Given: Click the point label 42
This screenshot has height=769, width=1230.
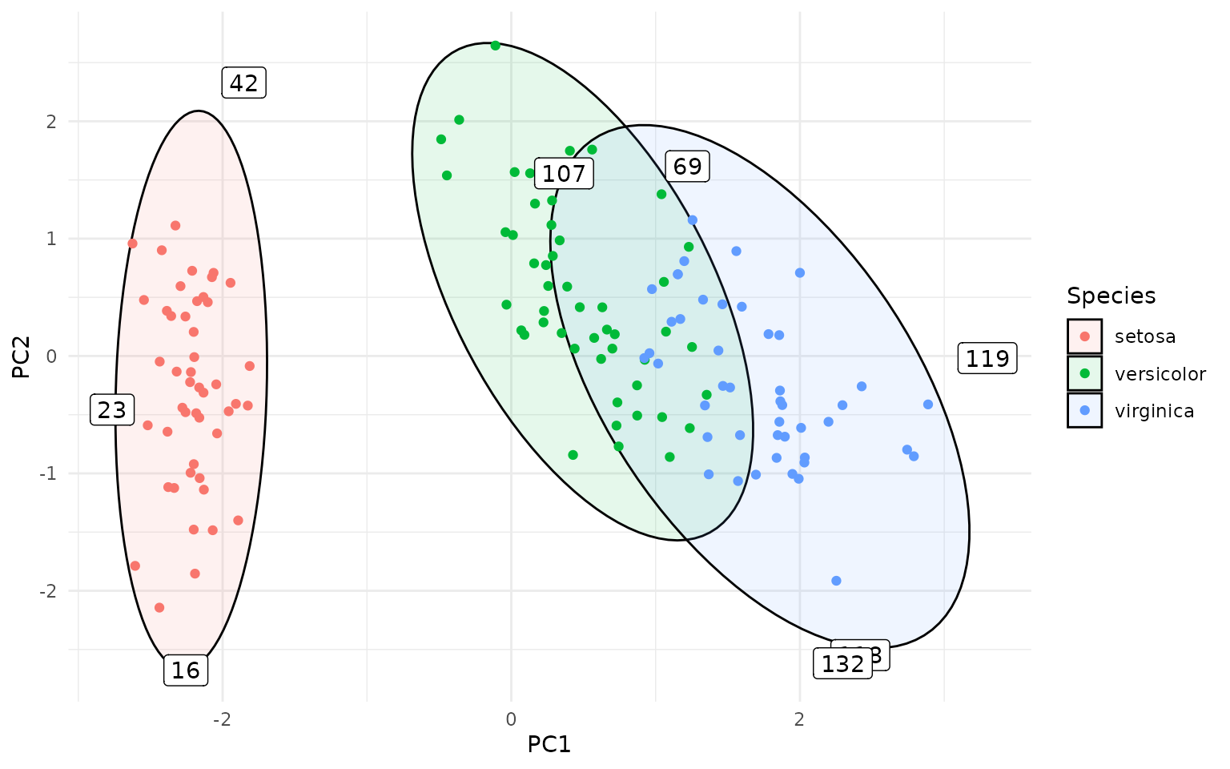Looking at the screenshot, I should coord(243,83).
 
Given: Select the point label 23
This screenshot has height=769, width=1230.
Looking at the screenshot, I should coord(111,411).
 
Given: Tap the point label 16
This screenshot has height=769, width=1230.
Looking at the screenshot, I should coord(186,670).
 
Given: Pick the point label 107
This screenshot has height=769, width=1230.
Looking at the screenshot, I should coord(564,174).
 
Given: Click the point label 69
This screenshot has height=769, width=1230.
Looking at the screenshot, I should coord(687,167).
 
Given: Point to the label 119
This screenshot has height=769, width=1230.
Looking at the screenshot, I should coord(987,359).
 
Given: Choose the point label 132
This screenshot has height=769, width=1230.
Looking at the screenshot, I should coord(842,664).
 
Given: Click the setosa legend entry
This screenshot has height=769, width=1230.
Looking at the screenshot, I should coord(1144,336).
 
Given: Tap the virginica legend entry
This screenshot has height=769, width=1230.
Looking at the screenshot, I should coord(1154,411).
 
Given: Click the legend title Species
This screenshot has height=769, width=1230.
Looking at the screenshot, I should coord(1111,296).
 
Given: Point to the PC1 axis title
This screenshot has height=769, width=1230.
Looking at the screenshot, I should coord(549,745).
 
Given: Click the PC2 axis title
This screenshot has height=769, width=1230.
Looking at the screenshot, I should coord(22,356).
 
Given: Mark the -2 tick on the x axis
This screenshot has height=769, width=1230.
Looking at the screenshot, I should coord(222,719).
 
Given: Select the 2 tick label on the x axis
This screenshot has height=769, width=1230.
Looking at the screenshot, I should coord(799,719).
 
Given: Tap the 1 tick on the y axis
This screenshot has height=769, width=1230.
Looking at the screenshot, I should coord(50,239).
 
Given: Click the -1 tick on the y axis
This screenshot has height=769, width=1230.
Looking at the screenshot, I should coord(48,473).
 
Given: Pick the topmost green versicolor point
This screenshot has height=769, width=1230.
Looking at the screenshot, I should coord(495,46).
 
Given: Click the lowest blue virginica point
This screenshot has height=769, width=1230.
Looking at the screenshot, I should coord(836,581).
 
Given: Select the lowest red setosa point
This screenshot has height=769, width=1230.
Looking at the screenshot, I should coord(159,607).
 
